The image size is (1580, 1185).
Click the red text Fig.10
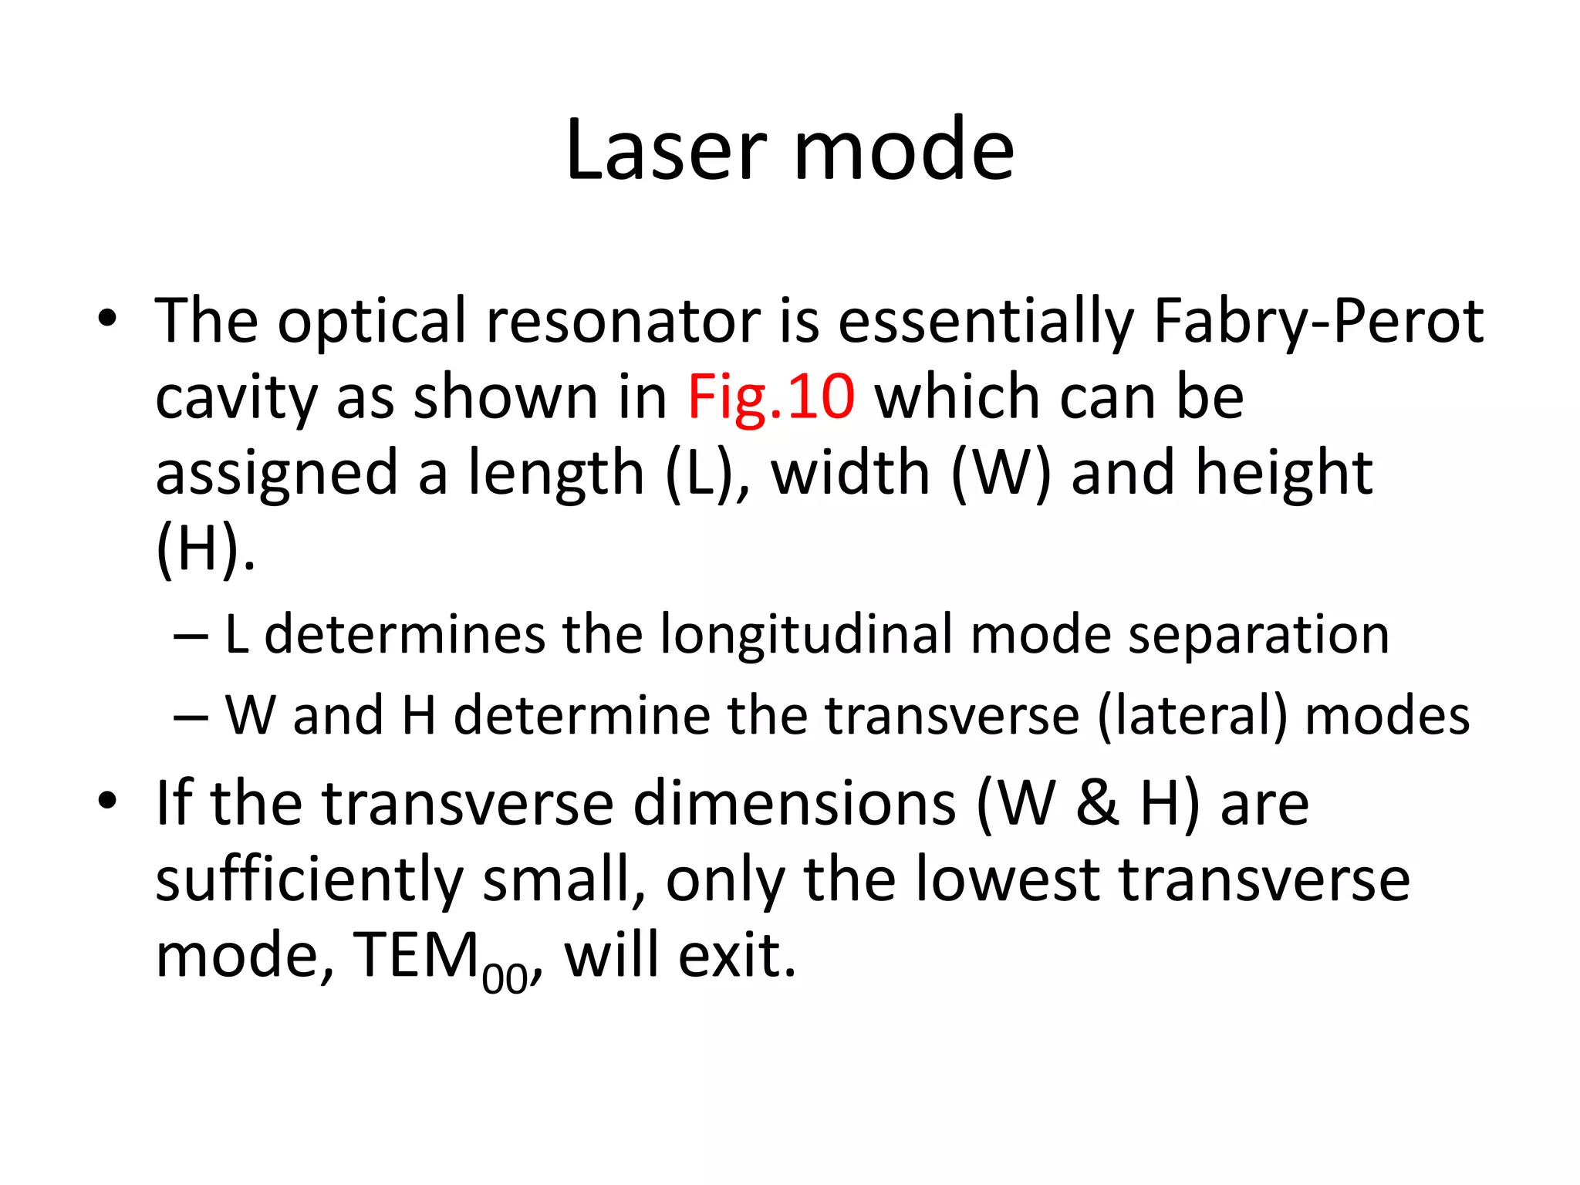coord(771,397)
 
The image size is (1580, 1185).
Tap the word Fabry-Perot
coord(1318,321)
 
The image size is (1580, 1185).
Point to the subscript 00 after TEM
coord(505,979)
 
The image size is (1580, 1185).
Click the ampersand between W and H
coord(1097,804)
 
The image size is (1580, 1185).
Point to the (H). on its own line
coord(205,549)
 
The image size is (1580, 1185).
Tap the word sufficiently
coord(309,881)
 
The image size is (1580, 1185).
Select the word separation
coord(1258,635)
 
